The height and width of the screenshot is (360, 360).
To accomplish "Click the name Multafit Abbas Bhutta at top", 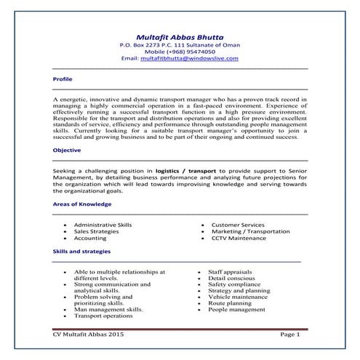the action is point(180,36).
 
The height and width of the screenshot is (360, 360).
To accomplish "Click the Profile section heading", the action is point(63,78).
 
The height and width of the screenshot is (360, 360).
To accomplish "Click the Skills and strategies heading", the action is point(81,251).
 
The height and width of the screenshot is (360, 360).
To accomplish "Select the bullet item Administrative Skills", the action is point(103,225).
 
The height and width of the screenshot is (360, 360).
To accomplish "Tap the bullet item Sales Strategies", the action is point(97,231).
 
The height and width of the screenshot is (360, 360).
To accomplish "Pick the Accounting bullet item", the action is point(90,238).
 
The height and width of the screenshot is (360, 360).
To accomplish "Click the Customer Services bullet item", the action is point(238,225).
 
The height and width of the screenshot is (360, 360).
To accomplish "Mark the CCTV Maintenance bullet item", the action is point(239,238).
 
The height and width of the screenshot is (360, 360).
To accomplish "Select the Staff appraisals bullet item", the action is point(231,271).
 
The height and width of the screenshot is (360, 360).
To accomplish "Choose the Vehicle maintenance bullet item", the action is point(238,297).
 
